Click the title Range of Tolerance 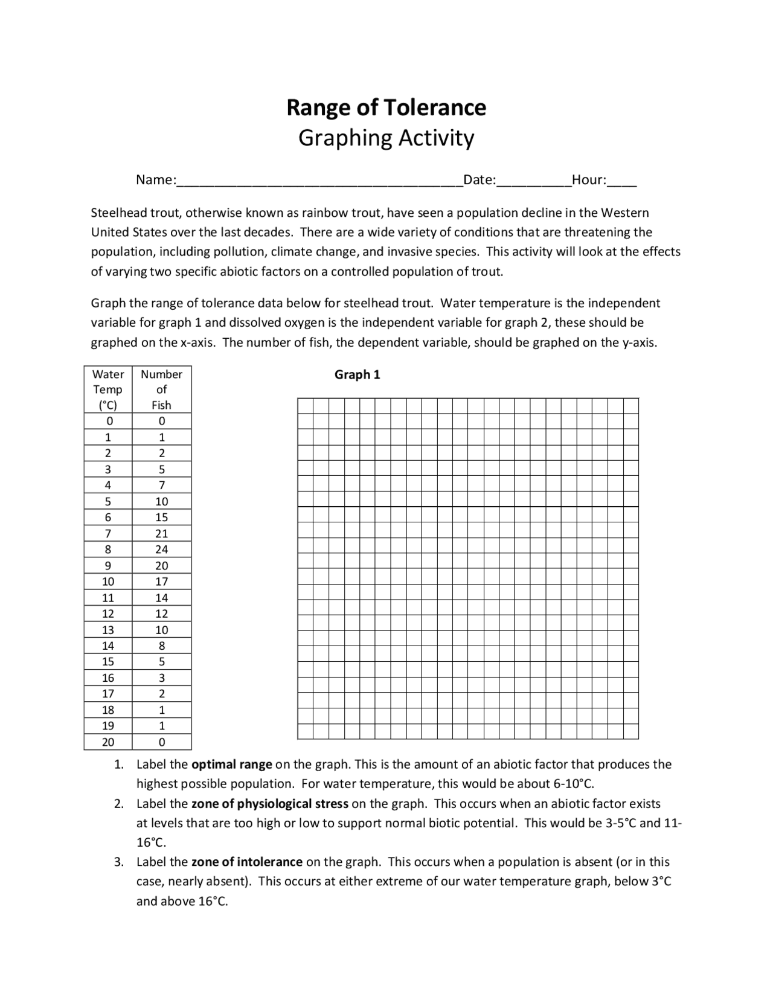pos(386,107)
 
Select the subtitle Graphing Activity pos(386,138)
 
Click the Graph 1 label pos(358,375)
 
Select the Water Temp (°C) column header pos(108,389)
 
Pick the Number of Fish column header pos(161,389)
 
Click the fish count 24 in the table pos(161,550)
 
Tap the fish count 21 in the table pos(161,534)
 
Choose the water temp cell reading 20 pos(108,742)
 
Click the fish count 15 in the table pos(161,518)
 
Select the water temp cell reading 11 pos(108,598)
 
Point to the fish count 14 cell pos(161,598)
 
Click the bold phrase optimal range pos(232,764)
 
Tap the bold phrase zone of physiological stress pos(270,804)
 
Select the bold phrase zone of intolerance pos(247,862)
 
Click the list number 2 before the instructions pos(120,804)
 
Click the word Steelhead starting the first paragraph pos(117,213)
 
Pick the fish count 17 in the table pos(161,582)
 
